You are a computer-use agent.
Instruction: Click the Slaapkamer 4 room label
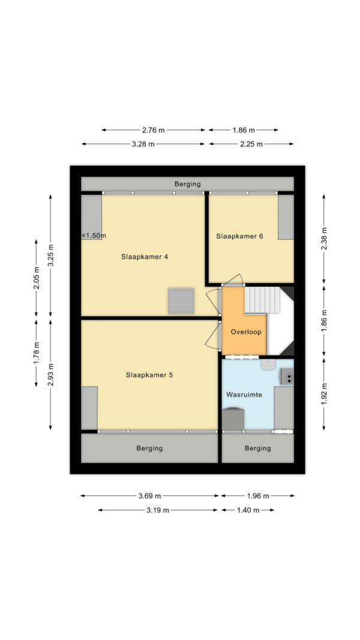click(145, 257)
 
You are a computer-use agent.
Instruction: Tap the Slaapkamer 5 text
click(149, 375)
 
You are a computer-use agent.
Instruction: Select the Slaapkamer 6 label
click(239, 236)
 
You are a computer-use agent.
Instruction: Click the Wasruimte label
click(243, 395)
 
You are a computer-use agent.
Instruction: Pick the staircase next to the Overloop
click(262, 300)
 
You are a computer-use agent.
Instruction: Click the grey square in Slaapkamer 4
click(181, 301)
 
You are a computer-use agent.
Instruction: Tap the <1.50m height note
click(93, 236)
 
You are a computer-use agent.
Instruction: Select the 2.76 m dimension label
click(154, 130)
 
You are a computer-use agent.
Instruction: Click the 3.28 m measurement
click(143, 144)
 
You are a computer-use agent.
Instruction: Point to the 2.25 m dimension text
click(251, 144)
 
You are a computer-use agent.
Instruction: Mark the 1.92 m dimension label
click(325, 393)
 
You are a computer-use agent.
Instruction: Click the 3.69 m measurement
click(149, 496)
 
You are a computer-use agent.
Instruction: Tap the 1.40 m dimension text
click(248, 510)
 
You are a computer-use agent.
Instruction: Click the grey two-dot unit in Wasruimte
click(287, 377)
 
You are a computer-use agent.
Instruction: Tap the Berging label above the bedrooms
click(187, 184)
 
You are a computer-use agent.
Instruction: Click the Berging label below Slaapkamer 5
click(149, 448)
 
